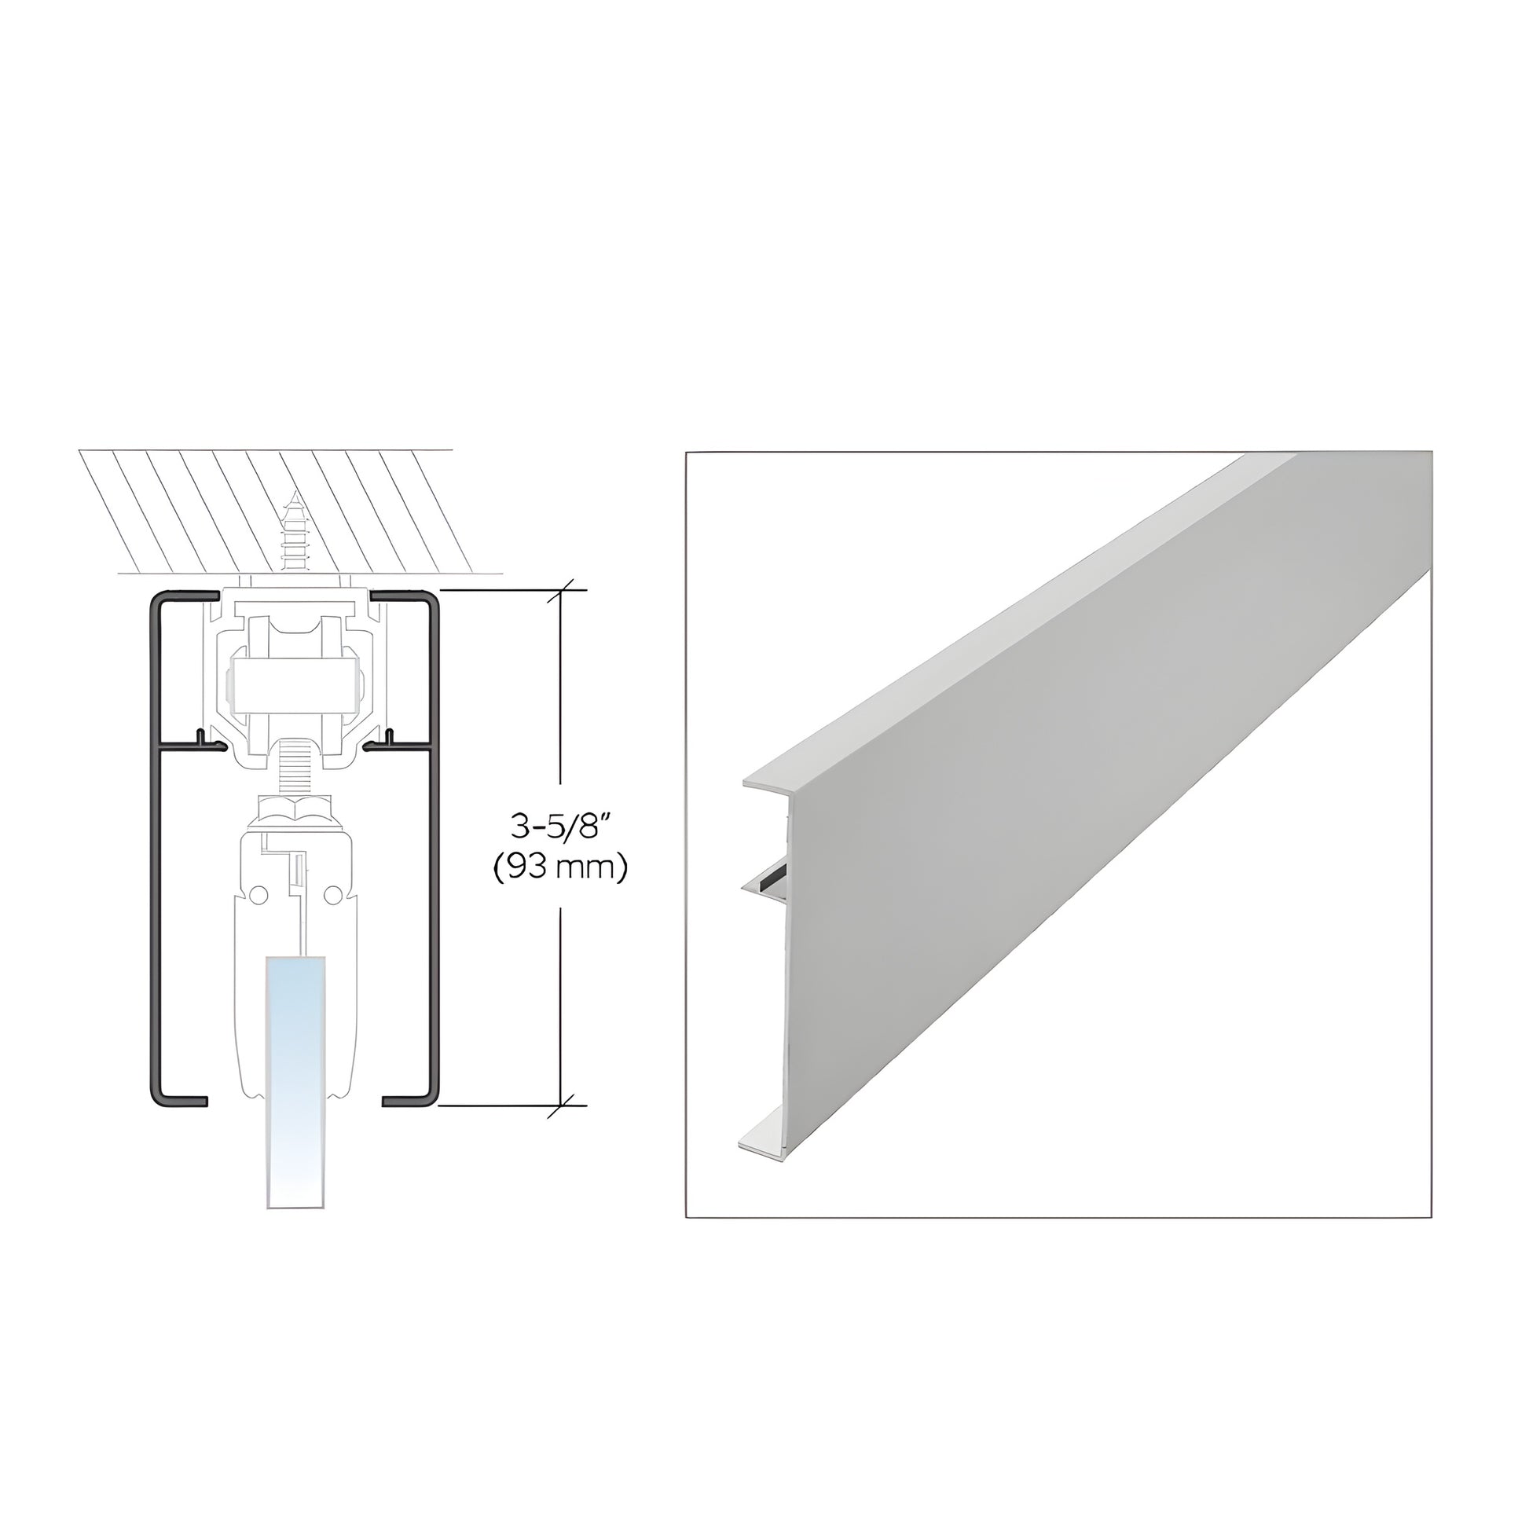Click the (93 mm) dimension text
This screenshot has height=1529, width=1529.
560,868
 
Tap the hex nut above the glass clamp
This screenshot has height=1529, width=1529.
295,808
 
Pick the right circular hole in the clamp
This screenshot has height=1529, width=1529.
333,895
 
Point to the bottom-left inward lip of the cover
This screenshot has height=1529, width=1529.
181,1101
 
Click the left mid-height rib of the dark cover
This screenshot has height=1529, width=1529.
190,744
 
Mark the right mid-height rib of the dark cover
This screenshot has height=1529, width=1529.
400,744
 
